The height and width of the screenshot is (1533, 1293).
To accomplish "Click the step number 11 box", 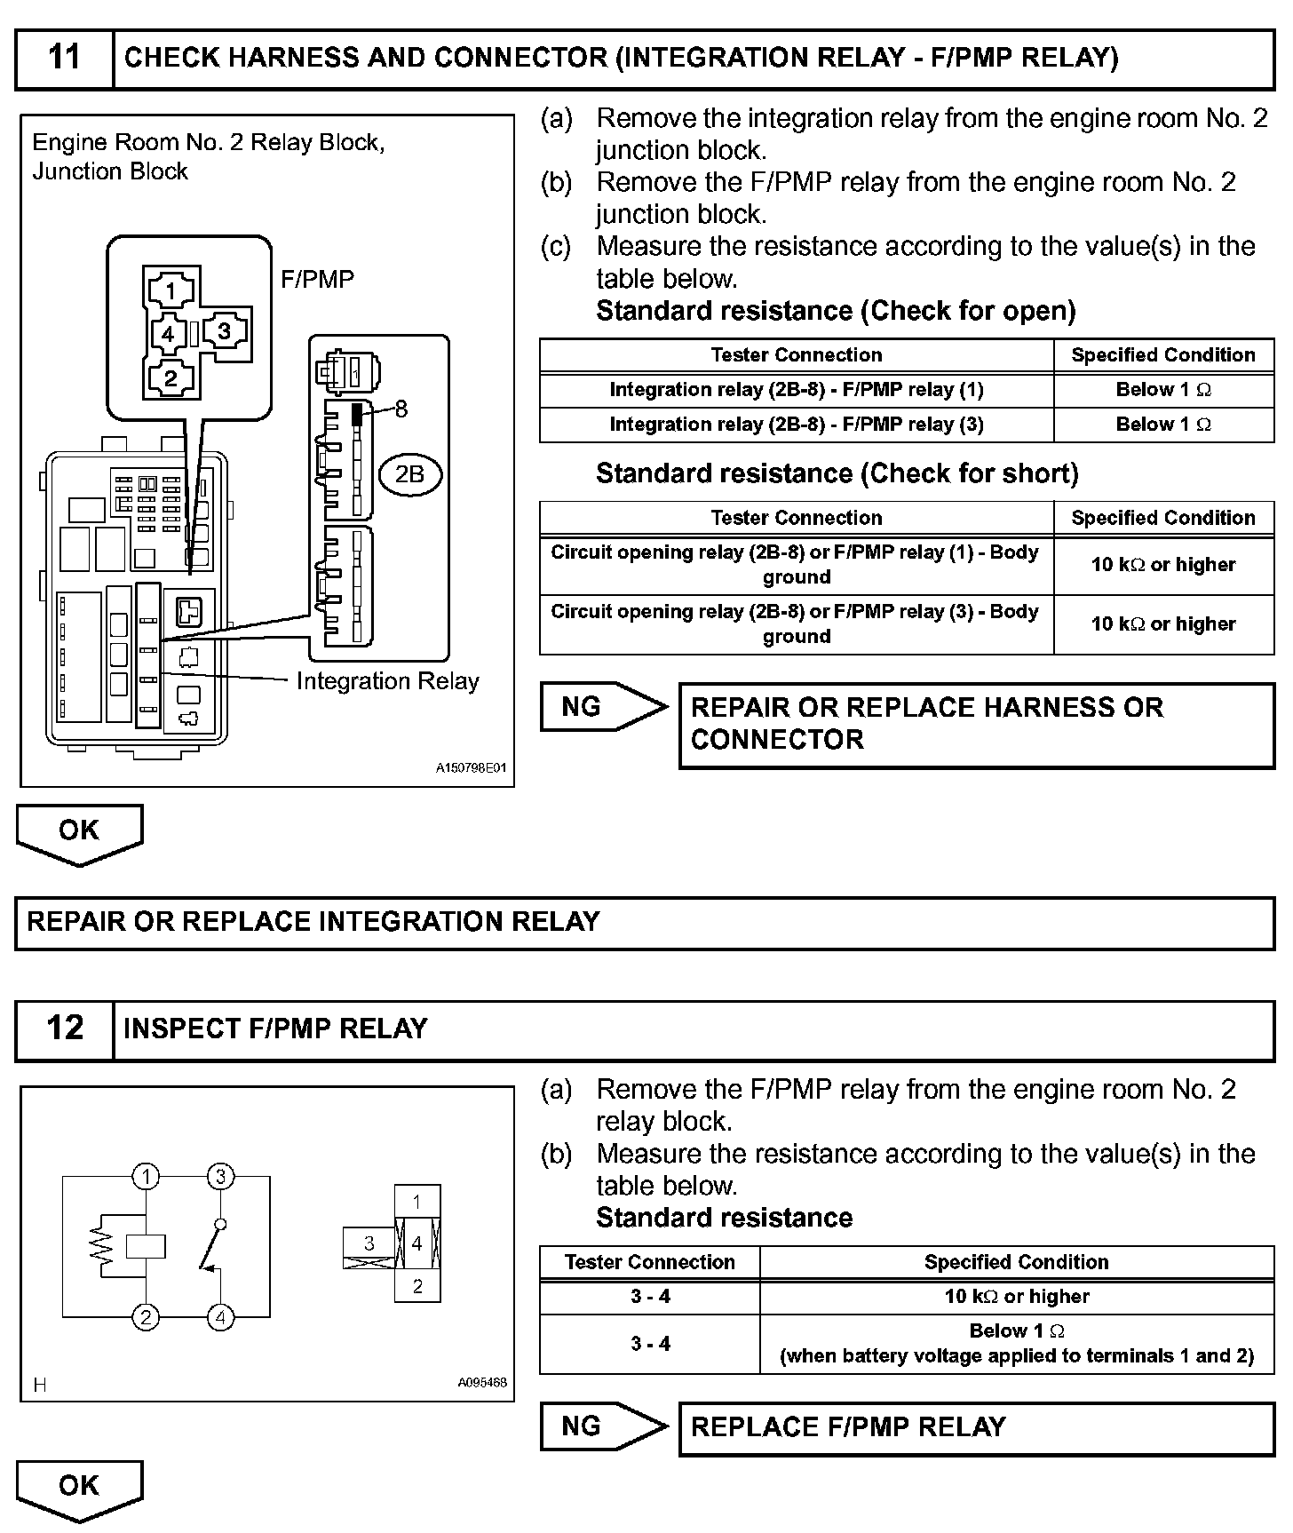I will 64,59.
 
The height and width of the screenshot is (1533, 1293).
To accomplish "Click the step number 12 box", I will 64,1029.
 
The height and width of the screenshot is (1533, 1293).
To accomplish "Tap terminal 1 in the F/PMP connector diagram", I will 170,290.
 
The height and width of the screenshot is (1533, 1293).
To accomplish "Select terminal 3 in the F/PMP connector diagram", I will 224,331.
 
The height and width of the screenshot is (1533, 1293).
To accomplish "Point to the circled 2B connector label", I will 409,474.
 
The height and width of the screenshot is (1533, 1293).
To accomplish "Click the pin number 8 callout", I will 401,409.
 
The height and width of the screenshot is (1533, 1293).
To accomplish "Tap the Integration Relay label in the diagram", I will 387,681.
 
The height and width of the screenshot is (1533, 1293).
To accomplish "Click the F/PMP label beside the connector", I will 317,280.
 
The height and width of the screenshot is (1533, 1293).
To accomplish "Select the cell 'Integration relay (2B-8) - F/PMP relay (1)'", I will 796,390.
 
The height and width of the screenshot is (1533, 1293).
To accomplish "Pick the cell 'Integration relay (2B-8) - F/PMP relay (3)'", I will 796,425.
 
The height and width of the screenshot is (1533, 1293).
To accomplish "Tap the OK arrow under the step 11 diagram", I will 79,833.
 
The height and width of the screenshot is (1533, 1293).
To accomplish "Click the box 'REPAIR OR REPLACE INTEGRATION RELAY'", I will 645,922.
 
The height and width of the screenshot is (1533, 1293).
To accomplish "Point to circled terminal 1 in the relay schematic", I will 146,1177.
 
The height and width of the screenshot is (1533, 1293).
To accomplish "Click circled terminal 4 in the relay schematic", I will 220,1317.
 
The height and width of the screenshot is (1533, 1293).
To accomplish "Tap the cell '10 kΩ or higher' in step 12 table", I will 1016,1297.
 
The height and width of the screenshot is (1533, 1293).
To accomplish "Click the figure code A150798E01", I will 471,768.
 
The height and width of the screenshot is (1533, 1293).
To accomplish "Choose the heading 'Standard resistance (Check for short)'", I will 837,473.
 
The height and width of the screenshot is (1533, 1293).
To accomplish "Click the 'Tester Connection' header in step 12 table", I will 649,1262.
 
